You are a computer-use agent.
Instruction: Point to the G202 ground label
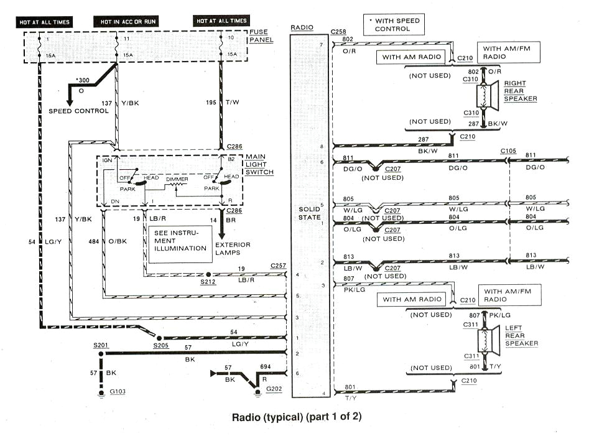[x=274, y=389]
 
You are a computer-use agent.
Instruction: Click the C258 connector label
[x=339, y=30]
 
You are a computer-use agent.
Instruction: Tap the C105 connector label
[x=508, y=151]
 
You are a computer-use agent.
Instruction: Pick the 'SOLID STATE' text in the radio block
[x=308, y=213]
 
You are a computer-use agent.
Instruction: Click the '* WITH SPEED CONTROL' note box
[x=397, y=25]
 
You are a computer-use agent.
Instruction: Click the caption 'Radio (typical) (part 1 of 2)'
[x=296, y=416]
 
